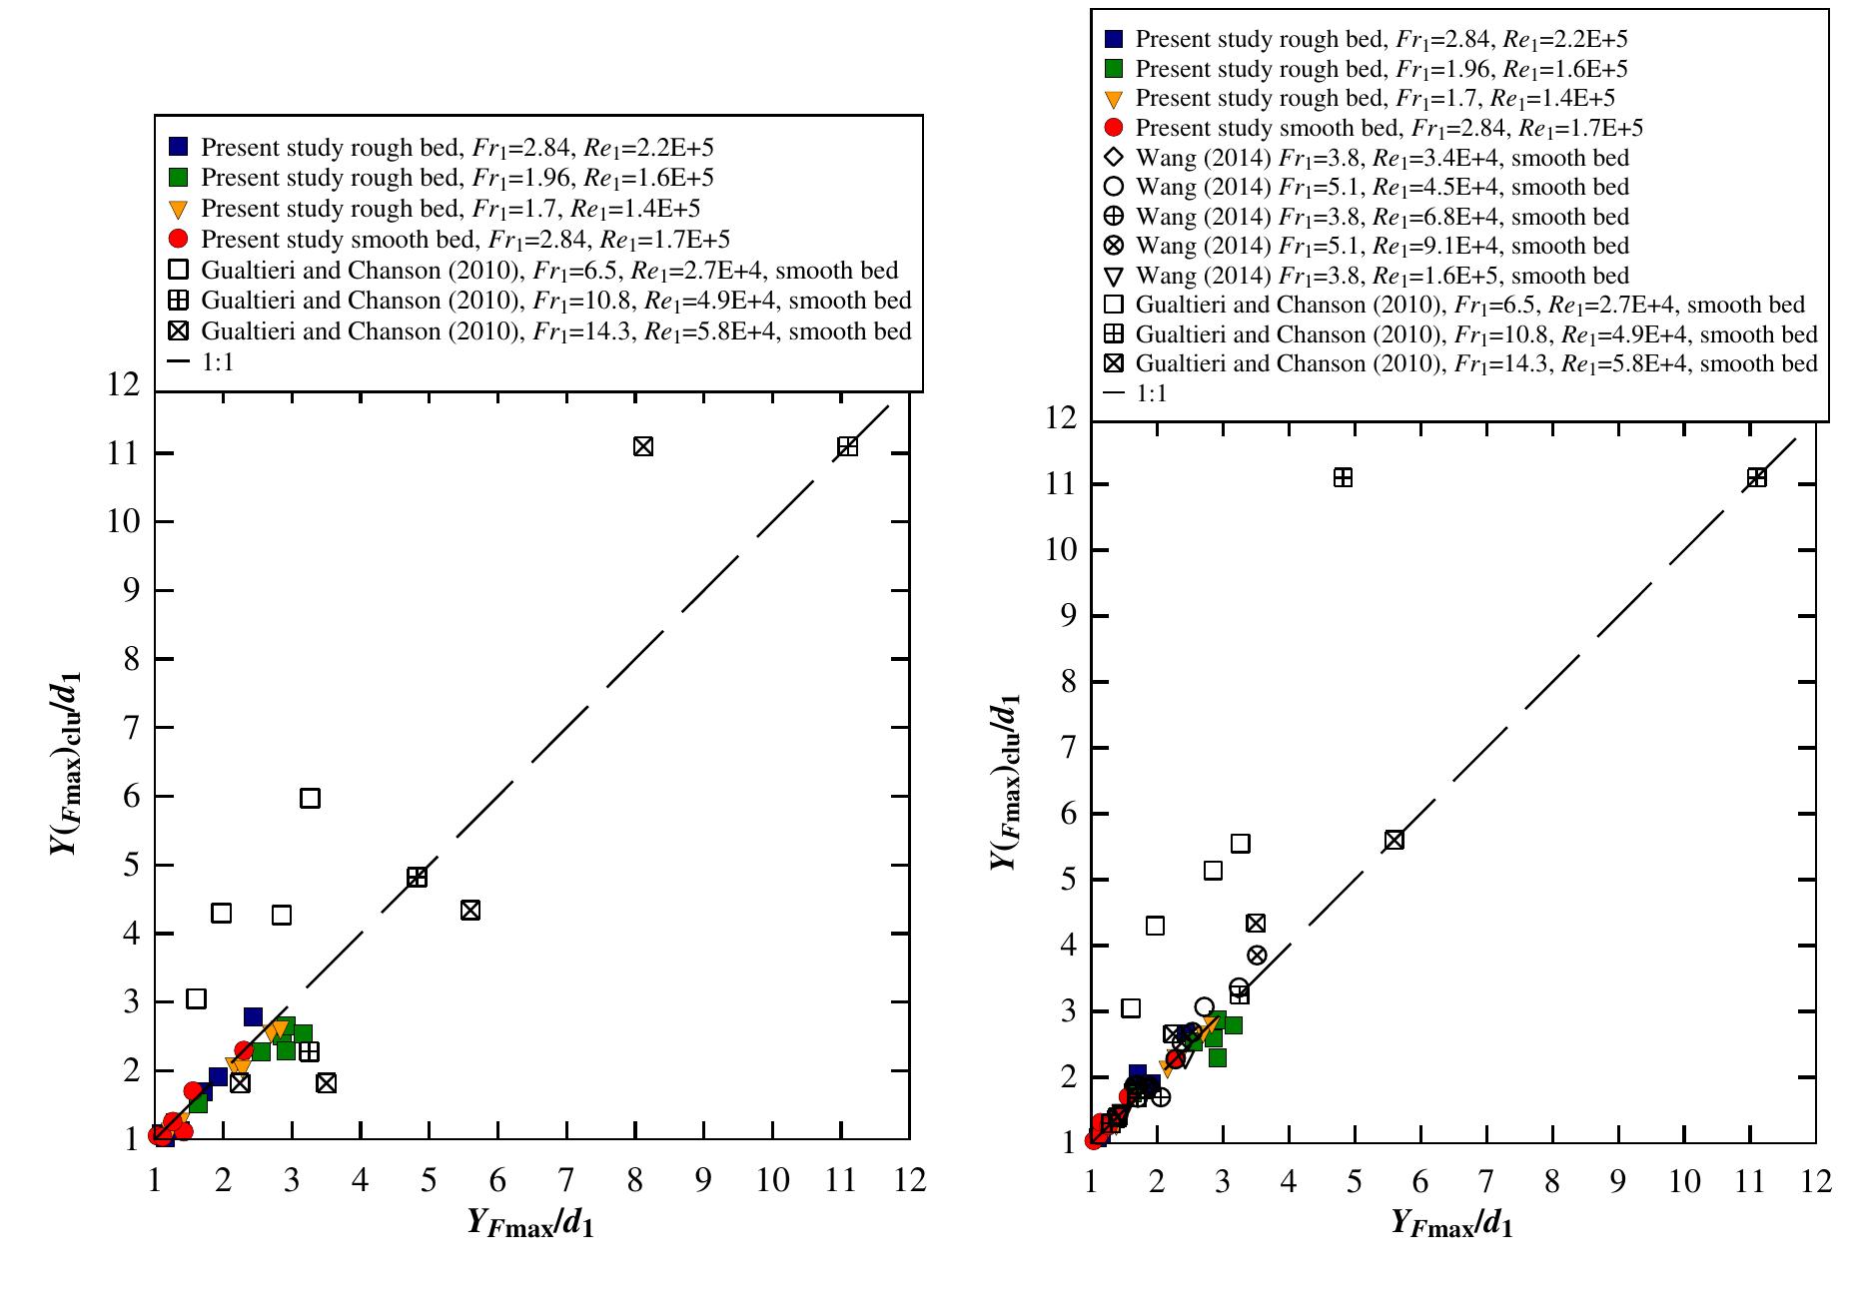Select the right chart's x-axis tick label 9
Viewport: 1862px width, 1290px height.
[1617, 1181]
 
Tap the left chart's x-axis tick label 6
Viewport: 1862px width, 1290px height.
[497, 1180]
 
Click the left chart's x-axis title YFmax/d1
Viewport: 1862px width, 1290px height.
[530, 1223]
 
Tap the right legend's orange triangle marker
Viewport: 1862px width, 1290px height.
[1115, 99]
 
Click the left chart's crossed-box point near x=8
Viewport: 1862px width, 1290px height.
[643, 446]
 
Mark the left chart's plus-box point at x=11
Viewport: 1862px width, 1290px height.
[847, 446]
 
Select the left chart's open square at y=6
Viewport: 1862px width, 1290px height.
[310, 798]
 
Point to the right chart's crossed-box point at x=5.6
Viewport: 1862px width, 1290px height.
[1395, 840]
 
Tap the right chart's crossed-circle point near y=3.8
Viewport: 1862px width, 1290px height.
[1257, 956]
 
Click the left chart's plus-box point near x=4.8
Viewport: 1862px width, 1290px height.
[417, 877]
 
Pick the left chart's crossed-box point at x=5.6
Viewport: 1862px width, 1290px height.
[470, 910]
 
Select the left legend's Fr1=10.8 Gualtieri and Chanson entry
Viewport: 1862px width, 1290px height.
[555, 301]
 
